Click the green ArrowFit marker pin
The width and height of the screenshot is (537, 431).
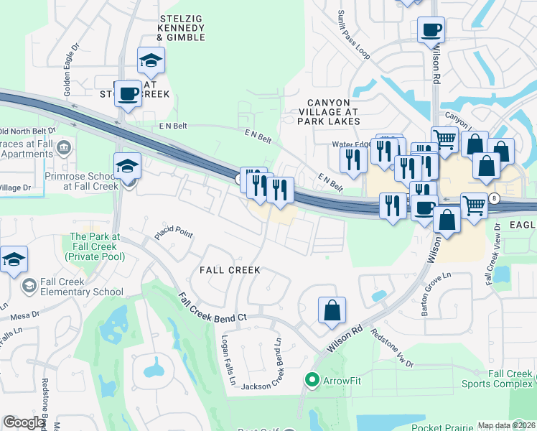click(312, 379)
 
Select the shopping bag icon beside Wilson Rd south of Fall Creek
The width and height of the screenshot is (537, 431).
click(332, 311)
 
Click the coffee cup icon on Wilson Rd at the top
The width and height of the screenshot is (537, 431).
click(431, 30)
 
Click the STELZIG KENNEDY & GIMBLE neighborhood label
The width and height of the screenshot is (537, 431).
click(181, 27)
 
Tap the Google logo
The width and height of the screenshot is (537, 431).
click(24, 422)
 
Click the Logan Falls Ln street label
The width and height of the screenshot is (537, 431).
click(228, 361)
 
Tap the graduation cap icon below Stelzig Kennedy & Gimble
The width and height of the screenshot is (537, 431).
click(151, 61)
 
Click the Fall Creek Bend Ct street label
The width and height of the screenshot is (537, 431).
click(213, 307)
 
